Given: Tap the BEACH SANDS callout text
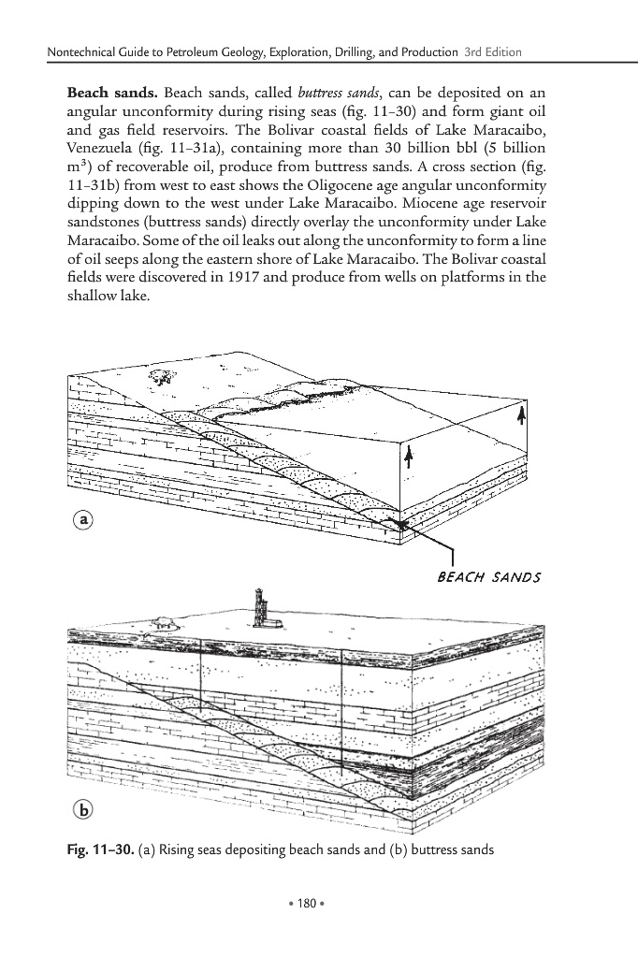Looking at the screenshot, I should coord(489,577).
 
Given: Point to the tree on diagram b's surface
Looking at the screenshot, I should coord(165,620).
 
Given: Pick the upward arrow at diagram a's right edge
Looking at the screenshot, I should coord(522,417).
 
